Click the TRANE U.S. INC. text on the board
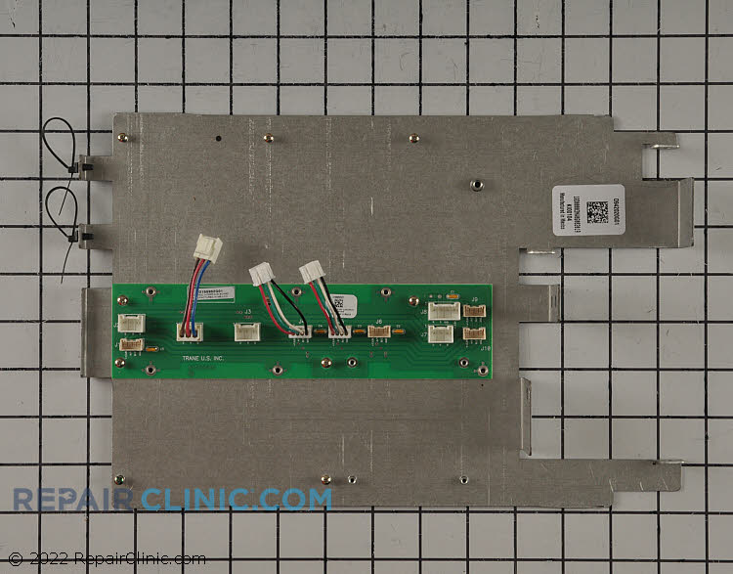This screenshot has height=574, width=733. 202,359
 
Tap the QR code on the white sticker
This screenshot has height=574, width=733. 597,212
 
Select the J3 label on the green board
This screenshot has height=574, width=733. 247,312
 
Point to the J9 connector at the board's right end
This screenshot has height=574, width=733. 474,311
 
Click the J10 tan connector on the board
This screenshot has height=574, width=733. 474,333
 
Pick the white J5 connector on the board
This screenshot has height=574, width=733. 442,311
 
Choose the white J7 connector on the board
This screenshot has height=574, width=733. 441,334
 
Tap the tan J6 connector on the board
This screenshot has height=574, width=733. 378,331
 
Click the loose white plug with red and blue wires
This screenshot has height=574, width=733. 207,248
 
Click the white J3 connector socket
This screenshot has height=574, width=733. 247,331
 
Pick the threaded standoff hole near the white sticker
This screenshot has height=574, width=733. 476,183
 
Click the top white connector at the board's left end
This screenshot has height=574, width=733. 131,323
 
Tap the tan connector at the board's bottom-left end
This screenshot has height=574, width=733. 130,344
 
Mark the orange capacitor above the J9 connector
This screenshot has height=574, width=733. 452,294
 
